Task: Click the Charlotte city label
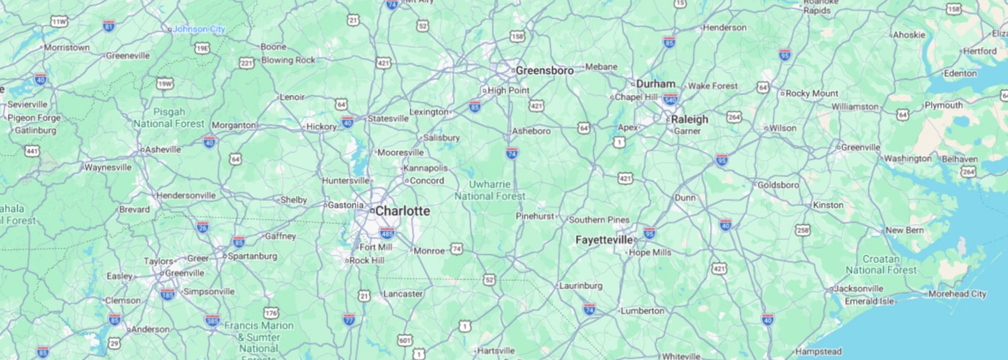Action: [402, 212]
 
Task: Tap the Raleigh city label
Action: [689, 120]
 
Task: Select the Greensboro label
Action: [544, 71]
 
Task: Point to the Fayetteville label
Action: [604, 240]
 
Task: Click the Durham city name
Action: [655, 84]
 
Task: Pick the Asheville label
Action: [163, 150]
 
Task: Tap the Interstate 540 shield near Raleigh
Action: [671, 99]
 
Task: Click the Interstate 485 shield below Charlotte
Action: [387, 232]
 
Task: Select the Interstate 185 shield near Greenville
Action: [168, 294]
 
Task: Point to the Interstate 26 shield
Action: [203, 228]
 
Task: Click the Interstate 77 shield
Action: [349, 318]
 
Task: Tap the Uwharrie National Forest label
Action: [490, 190]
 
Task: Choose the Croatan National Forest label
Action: [881, 264]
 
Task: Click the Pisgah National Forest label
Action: [168, 117]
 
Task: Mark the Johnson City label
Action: [199, 29]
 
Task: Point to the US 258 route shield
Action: [804, 230]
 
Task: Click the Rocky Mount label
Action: [812, 93]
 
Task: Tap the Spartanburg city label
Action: [251, 256]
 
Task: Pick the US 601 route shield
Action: [405, 340]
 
